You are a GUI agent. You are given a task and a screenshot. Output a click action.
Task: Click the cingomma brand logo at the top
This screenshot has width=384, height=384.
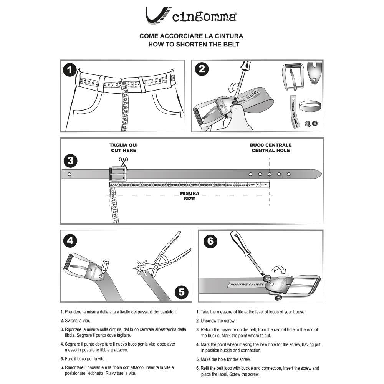point(191,16)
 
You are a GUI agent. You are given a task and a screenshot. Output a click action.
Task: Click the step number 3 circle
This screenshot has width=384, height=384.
point(70,161)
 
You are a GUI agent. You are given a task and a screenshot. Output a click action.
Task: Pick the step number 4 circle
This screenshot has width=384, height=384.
point(70,241)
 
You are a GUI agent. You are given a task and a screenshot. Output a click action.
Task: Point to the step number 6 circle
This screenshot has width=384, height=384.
point(210,242)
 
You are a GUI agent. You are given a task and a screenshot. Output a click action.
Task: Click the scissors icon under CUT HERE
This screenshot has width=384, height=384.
point(123,162)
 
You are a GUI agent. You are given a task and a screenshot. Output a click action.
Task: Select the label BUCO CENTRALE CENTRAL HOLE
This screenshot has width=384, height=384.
point(271,148)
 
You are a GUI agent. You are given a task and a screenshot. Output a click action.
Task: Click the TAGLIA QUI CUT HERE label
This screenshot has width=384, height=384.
point(124,148)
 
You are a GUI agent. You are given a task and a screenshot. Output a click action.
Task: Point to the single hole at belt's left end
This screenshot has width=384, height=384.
point(69,174)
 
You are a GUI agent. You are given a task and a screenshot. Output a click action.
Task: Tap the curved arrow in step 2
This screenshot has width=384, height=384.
point(232,88)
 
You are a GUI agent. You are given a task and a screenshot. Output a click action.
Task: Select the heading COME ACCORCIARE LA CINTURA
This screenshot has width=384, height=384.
point(191,36)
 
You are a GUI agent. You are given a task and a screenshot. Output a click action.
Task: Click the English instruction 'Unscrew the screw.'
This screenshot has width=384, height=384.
point(218,321)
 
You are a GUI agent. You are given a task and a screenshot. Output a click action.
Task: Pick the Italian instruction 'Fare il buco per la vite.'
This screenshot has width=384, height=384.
point(85,359)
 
